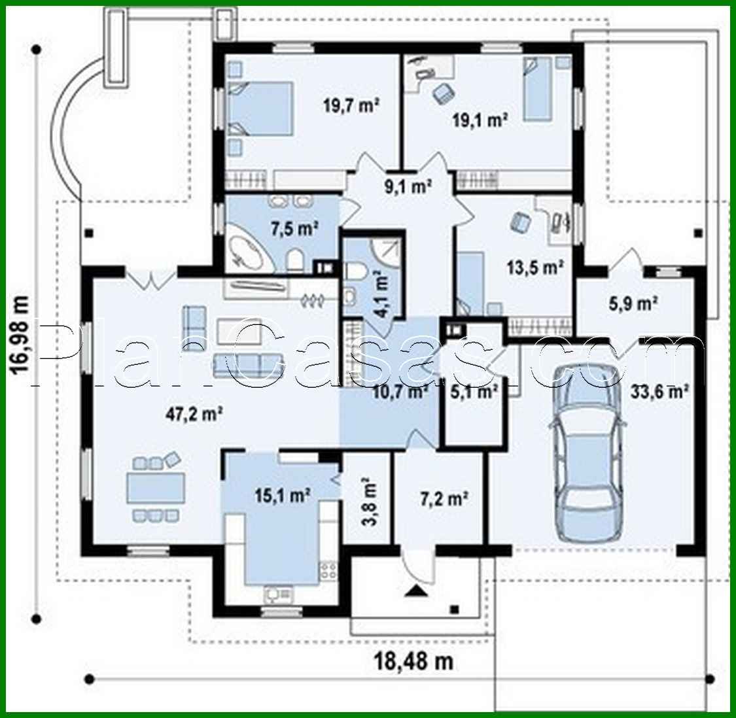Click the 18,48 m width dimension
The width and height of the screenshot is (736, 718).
pyautogui.click(x=413, y=660)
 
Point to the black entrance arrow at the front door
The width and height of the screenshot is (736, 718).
pyautogui.click(x=417, y=592)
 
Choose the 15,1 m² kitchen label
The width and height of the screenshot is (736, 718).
pyautogui.click(x=282, y=496)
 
